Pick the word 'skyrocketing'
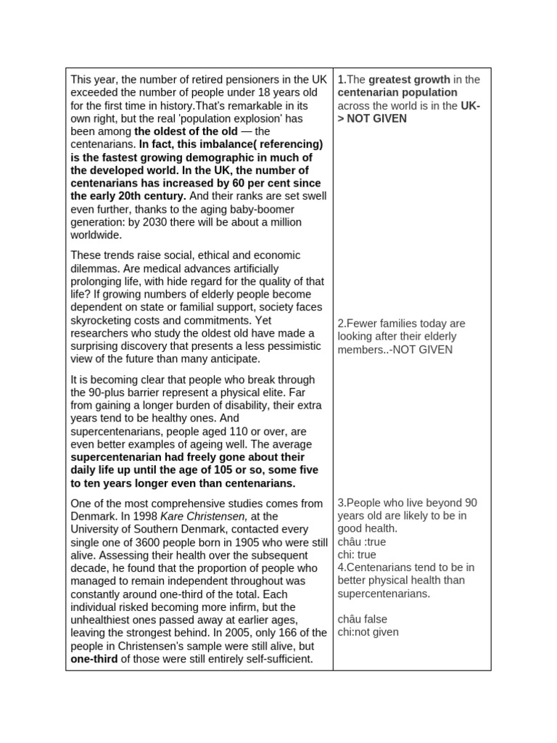(102, 320)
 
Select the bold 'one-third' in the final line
(94, 659)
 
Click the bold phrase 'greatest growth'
(409, 80)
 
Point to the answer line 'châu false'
(363, 619)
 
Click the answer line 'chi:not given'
(368, 632)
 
